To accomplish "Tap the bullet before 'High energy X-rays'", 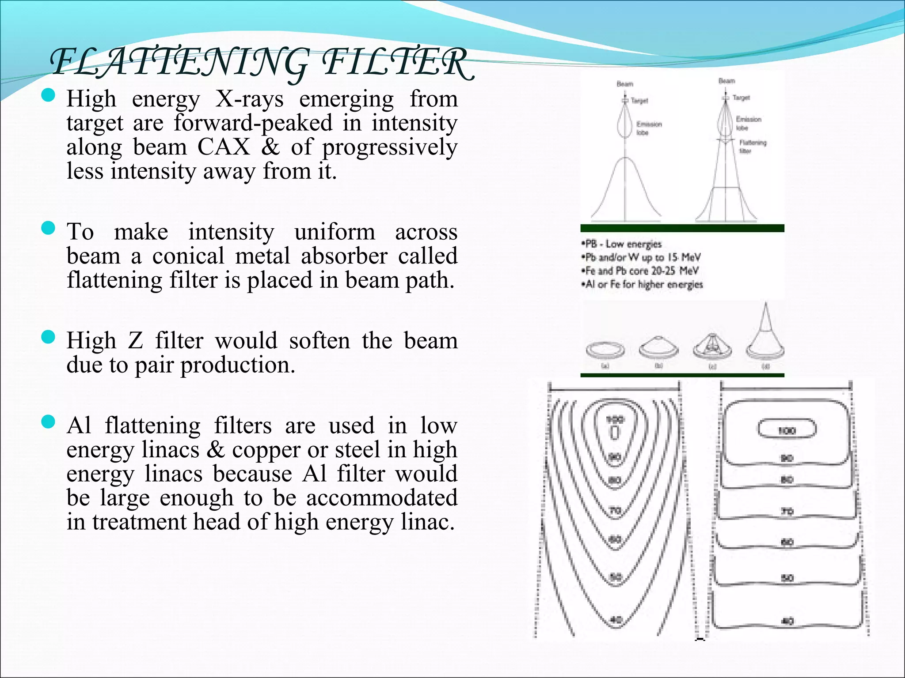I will (x=48, y=95).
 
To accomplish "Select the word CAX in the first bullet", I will (x=224, y=147).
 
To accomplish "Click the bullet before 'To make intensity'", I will (x=48, y=228).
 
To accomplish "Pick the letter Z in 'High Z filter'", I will (x=136, y=341).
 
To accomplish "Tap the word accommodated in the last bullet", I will (x=382, y=498).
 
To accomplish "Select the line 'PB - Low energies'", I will (x=622, y=244).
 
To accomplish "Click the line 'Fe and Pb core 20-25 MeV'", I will (x=641, y=271).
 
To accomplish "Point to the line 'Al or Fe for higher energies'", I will (x=643, y=284).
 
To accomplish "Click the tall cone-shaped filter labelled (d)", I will (x=765, y=335).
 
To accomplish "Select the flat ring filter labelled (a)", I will (x=605, y=350).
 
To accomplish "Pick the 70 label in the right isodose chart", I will (x=787, y=512).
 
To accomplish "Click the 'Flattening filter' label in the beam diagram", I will (x=752, y=147).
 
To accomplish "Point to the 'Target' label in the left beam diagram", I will (x=639, y=101).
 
